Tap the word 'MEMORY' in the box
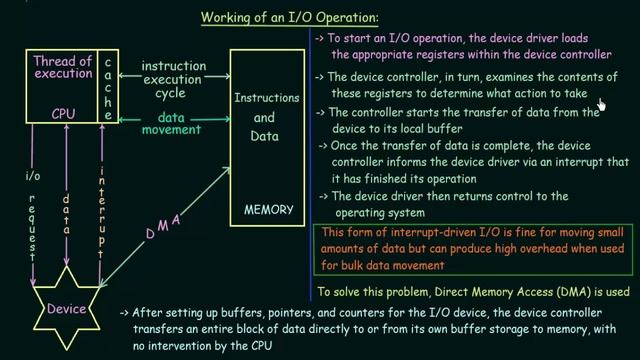(268, 210)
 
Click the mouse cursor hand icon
(603, 104)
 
